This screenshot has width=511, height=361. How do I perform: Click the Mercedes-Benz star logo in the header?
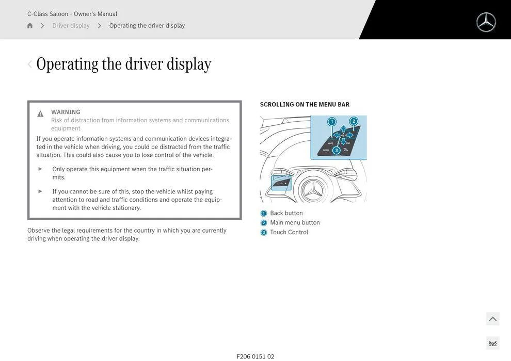pos(486,22)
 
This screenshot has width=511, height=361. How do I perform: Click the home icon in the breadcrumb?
pos(30,26)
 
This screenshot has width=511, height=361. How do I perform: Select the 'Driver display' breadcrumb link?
pos(71,26)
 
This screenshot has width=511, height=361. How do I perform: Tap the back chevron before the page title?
pos(29,64)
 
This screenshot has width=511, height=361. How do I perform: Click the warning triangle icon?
pos(40,114)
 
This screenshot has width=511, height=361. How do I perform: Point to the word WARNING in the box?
pos(66,112)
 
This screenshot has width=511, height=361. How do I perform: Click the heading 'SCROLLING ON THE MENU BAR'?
pos(305,105)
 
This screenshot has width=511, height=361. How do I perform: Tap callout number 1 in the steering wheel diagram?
pos(332,122)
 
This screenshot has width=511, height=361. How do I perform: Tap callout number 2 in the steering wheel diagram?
pos(354,121)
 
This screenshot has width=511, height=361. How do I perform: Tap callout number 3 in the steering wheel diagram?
pos(337,150)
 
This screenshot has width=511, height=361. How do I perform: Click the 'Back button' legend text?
pos(286,214)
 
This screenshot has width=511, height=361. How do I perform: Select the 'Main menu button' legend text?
pos(295,223)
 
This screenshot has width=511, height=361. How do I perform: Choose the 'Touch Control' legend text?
pos(289,233)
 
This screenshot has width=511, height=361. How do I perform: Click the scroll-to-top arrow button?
pos(492,319)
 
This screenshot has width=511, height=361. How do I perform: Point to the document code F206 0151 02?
pos(255,356)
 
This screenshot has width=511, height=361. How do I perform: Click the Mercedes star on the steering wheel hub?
pos(312,191)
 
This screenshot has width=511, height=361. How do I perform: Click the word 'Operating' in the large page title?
pos(67,64)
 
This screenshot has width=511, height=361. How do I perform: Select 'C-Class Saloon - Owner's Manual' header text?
pos(72,14)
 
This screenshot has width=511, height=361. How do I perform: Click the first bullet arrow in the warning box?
pos(40,169)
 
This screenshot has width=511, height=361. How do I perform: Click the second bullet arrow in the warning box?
pos(40,191)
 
